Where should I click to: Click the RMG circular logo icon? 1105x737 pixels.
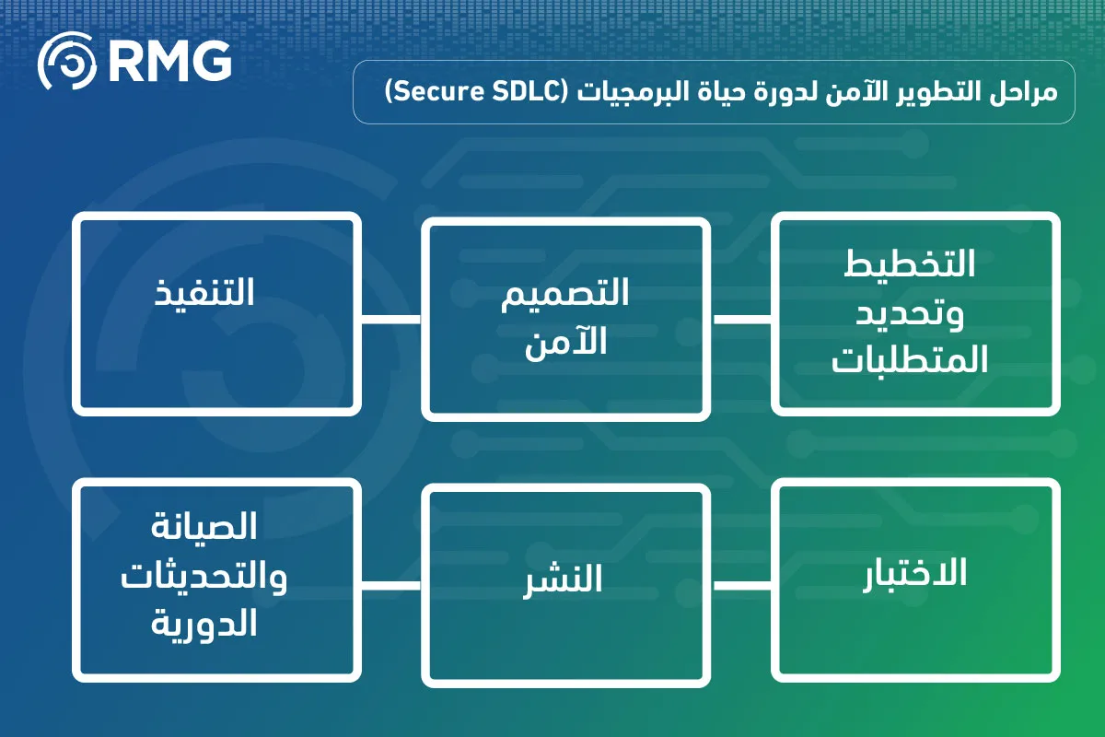point(67,61)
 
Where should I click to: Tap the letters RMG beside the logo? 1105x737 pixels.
point(170,61)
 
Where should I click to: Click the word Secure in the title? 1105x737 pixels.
point(437,92)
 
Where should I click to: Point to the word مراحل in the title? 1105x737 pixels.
point(1023,93)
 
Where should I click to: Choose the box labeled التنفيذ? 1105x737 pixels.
point(216,314)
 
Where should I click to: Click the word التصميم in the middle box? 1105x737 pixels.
point(564,294)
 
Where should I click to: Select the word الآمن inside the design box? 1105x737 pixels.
point(565,342)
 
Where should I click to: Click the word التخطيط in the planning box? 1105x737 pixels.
point(909,263)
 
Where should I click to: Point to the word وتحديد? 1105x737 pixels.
point(909,313)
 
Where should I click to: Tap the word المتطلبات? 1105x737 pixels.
point(909,359)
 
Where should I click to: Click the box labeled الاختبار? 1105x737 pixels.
point(915,580)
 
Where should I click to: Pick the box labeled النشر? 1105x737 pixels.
point(565,585)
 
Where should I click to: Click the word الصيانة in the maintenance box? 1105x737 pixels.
point(204,526)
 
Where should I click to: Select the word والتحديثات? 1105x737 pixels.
point(204,577)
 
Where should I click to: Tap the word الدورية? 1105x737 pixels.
point(204,624)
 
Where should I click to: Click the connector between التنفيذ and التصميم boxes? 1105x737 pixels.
point(391,320)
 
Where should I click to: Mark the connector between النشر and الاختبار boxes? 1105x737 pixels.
point(742,585)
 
